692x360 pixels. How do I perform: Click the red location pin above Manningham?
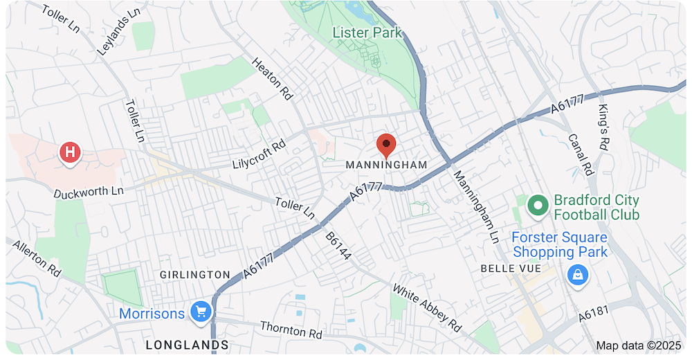(x=386, y=145)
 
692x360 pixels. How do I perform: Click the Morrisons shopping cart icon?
(x=201, y=312)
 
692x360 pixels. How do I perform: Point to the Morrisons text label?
(x=152, y=314)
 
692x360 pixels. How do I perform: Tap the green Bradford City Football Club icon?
(x=538, y=205)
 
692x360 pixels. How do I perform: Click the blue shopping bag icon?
(x=576, y=275)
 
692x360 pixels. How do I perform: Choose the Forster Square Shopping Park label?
(x=560, y=245)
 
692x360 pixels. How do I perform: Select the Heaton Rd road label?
(x=271, y=79)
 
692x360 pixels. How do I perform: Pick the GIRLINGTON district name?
(x=195, y=275)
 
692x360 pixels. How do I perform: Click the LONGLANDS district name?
(x=187, y=344)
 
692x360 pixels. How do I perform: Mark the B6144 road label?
(x=339, y=246)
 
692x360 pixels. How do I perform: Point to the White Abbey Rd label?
(x=426, y=307)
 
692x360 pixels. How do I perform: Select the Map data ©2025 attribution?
(x=639, y=345)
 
